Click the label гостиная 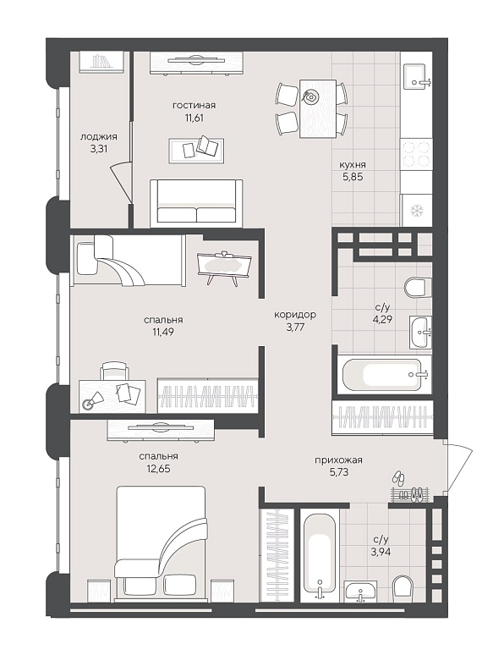(x=194, y=105)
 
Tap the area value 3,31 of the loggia (x=99, y=148)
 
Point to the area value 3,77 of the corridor (x=295, y=327)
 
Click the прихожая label (x=338, y=460)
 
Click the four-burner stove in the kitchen (x=417, y=154)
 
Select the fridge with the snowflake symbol (x=417, y=210)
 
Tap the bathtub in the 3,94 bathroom (x=320, y=555)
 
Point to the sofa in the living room (x=196, y=203)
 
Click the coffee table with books (x=196, y=151)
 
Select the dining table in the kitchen (x=318, y=108)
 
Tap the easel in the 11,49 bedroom (x=224, y=267)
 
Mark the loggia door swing (x=122, y=183)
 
